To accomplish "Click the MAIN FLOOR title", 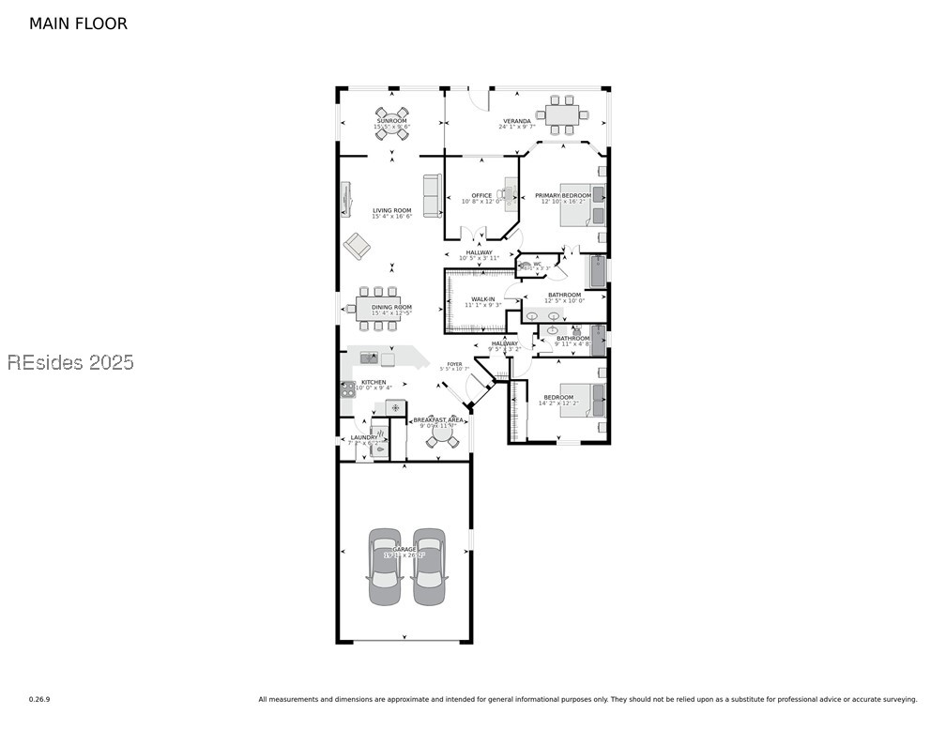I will pyautogui.click(x=78, y=23).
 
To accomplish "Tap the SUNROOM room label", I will pyautogui.click(x=391, y=121).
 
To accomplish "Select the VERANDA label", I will pyautogui.click(x=517, y=121).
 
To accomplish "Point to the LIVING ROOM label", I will pyautogui.click(x=391, y=211).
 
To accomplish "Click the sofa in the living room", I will pyautogui.click(x=433, y=196).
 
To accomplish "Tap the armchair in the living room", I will pyautogui.click(x=357, y=246).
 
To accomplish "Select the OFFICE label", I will pyautogui.click(x=481, y=196).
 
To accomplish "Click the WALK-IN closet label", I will pyautogui.click(x=483, y=299).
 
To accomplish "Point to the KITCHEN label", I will pyautogui.click(x=374, y=383).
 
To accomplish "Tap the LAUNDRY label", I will pyautogui.click(x=364, y=437).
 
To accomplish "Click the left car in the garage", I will pyautogui.click(x=385, y=567).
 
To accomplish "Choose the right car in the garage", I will pyautogui.click(x=429, y=567).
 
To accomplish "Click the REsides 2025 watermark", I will pyautogui.click(x=70, y=362).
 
